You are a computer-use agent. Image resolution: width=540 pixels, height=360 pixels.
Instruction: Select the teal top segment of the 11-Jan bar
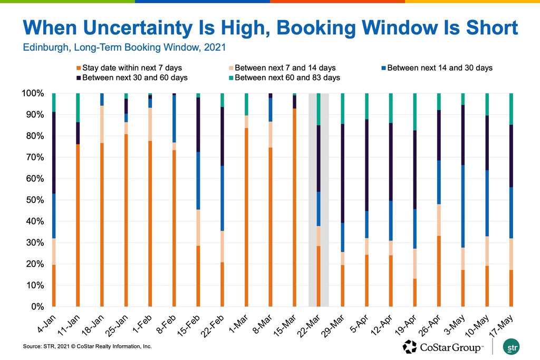pyautogui.click(x=78, y=108)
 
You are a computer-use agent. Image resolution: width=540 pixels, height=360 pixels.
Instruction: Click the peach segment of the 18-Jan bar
pyautogui.click(x=102, y=124)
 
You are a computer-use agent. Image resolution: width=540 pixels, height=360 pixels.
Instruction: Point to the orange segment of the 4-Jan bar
pyautogui.click(x=53, y=285)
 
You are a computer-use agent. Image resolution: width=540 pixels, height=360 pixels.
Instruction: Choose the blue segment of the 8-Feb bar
pyautogui.click(x=174, y=119)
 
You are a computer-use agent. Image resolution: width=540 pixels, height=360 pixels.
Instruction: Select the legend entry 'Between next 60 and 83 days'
pyautogui.click(x=285, y=77)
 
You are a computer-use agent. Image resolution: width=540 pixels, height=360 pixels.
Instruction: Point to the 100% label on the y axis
pyautogui.click(x=33, y=93)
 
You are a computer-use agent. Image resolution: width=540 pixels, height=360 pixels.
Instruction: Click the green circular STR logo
pyautogui.click(x=509, y=347)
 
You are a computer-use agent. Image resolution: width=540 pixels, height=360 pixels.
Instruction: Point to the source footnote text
pyautogui.click(x=87, y=346)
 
